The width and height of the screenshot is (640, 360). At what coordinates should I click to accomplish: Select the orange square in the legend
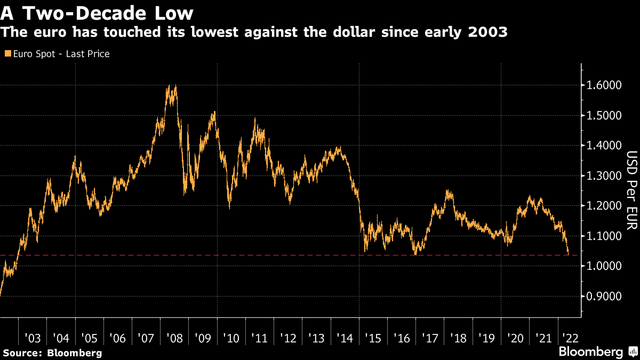click(7, 54)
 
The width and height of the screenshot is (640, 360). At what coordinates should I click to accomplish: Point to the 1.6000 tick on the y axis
click(604, 85)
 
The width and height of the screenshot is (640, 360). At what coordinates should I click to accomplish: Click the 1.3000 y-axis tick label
click(604, 176)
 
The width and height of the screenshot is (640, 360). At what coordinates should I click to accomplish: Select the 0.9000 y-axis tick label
click(604, 297)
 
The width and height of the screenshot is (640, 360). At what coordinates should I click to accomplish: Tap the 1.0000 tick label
click(604, 266)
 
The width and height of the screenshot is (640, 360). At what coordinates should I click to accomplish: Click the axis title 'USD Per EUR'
click(631, 190)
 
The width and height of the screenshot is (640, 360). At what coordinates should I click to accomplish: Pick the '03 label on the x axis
click(33, 338)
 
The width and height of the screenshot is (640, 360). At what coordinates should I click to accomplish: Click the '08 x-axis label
click(174, 338)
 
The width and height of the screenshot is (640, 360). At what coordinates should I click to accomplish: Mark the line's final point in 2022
click(568, 253)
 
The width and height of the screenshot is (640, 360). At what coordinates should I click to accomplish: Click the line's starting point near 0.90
click(1, 295)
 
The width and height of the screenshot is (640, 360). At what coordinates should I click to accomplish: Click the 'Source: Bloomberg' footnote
click(52, 353)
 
